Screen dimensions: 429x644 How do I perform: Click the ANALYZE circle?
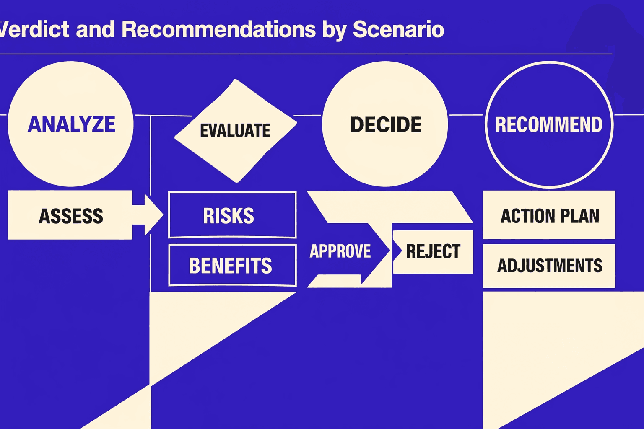pos(70,124)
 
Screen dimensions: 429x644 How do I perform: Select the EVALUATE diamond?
pos(236,131)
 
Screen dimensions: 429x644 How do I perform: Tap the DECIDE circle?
pos(385,124)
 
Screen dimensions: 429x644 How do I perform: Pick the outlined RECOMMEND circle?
pos(549,125)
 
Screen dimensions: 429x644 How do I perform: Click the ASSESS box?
pos(70,216)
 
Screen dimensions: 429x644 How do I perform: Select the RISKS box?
pos(232,215)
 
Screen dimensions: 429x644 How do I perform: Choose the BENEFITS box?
pos(232,266)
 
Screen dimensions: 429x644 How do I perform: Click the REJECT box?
pos(434,251)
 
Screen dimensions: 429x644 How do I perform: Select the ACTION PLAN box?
pos(549,215)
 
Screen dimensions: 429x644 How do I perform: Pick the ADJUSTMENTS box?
pos(549,266)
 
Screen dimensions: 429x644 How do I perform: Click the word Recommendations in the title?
pos(218,29)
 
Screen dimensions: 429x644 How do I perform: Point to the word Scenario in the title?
pos(398,29)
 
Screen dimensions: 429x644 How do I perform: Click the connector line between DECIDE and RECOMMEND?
pos(466,114)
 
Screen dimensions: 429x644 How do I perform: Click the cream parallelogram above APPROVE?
pos(390,207)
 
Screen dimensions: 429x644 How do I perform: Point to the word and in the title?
pos(95,29)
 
